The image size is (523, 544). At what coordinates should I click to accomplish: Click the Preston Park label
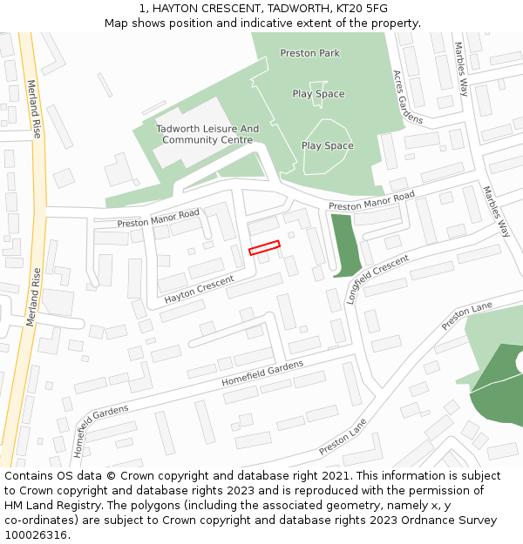tap(309, 53)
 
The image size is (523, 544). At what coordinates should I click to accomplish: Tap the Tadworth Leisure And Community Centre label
tap(207, 134)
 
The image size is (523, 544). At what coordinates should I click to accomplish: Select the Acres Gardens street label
tap(407, 96)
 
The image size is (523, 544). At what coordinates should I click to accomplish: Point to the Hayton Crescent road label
tap(200, 290)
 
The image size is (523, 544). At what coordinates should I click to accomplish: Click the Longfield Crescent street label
tap(377, 279)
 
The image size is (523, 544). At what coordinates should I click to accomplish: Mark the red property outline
tap(264, 248)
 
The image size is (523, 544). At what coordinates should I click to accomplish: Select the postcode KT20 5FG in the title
tap(360, 8)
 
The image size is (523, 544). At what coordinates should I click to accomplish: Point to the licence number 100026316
tap(36, 535)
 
